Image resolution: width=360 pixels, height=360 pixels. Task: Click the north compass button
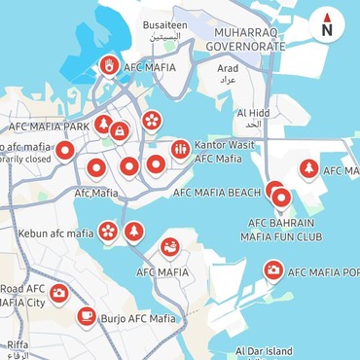tap(327, 28)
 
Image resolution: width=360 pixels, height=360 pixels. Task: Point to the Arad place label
tap(228, 68)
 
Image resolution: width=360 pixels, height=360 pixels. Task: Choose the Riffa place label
tap(18, 344)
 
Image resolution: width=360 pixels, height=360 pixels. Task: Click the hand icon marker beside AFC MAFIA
tap(110, 66)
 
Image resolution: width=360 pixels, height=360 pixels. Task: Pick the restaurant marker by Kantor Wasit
tap(180, 148)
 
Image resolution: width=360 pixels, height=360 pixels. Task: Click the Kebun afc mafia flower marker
tap(108, 232)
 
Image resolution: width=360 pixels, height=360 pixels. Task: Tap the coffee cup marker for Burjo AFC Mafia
tap(87, 315)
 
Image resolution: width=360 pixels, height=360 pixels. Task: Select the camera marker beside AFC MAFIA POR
tap(273, 270)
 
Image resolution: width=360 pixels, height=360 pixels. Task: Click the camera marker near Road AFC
tap(59, 292)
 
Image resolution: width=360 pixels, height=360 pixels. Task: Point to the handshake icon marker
tap(170, 246)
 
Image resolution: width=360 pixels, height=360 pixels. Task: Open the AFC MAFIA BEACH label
tap(216, 193)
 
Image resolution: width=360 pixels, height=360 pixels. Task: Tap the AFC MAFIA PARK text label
tap(48, 126)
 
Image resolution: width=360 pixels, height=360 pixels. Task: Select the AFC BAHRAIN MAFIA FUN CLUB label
tap(281, 228)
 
